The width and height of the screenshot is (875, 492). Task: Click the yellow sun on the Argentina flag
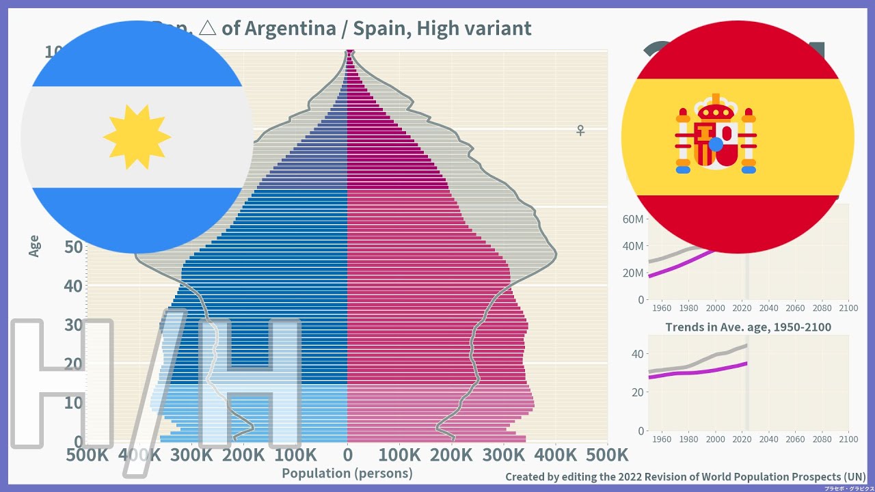click(x=137, y=137)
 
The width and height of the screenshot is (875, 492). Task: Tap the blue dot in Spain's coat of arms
click(x=715, y=144)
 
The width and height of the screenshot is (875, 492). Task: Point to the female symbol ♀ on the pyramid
click(x=580, y=130)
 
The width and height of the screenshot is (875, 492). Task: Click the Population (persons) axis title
click(x=347, y=473)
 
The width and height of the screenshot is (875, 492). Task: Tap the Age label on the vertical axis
click(x=34, y=246)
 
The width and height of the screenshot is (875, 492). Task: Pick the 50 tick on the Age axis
click(x=73, y=247)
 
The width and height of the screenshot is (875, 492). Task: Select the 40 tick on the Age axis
click(x=73, y=286)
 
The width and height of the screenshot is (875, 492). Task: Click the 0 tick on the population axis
click(x=347, y=454)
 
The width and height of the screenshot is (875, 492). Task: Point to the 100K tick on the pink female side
click(x=399, y=454)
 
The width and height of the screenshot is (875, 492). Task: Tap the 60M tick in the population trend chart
click(x=632, y=219)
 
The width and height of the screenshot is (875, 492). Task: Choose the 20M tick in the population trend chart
click(x=632, y=273)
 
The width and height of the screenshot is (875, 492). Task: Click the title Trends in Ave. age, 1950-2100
click(x=748, y=327)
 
